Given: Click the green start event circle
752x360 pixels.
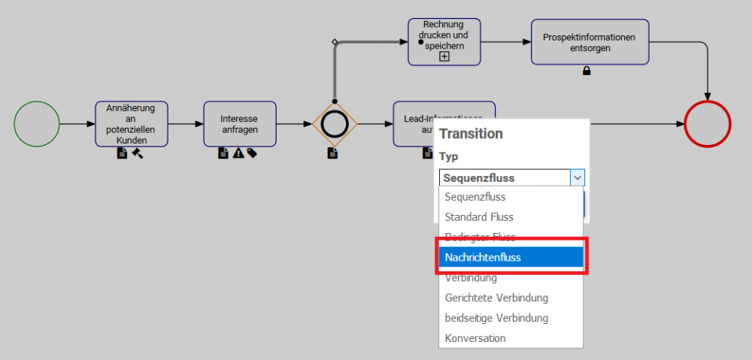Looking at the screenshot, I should [x=36, y=124].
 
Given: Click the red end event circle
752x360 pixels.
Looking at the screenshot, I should [x=708, y=124].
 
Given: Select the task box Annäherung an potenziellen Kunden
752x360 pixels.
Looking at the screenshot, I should [x=132, y=124].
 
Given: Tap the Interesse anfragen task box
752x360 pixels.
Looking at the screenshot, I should [x=240, y=124].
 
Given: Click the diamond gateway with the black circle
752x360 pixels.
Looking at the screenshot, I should [x=335, y=124].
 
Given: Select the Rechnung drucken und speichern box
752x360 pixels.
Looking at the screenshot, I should [x=444, y=41].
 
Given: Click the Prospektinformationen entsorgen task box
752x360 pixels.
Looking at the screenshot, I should [x=590, y=42].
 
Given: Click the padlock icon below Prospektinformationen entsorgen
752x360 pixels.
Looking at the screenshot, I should [x=587, y=71].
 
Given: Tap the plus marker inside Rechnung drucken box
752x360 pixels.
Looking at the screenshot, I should [x=444, y=56].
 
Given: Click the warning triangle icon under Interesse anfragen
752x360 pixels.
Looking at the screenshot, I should [x=238, y=153].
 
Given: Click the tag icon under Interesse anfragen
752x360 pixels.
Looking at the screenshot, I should [x=252, y=153].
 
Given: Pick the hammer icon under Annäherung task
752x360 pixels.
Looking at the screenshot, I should [x=138, y=153].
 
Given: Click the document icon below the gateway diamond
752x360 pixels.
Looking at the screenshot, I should [x=332, y=153].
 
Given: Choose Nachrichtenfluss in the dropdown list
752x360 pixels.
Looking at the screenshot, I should [x=511, y=257].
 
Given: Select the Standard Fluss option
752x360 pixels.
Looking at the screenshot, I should [x=511, y=216].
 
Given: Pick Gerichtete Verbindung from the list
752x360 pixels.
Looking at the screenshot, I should [x=511, y=298].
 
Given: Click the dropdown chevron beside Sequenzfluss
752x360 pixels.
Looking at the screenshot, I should [x=577, y=178].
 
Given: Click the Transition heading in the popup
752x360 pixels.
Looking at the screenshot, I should [x=471, y=134].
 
